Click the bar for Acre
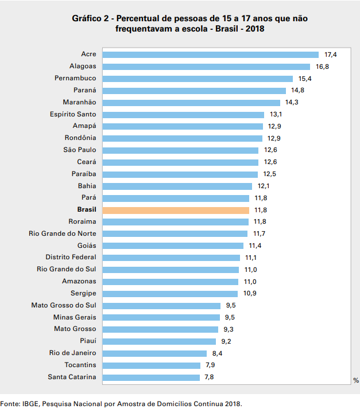point(210,54)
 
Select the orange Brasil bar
point(175,210)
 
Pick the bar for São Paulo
point(180,150)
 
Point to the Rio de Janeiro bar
point(154,353)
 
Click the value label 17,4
point(330,54)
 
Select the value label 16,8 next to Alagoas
point(323,67)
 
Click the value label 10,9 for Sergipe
point(250,293)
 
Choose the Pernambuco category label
point(75,78)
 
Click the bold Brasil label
point(86,210)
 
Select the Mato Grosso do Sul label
point(63,305)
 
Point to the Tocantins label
point(80,365)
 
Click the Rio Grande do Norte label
point(62,233)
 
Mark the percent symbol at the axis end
point(356,380)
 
